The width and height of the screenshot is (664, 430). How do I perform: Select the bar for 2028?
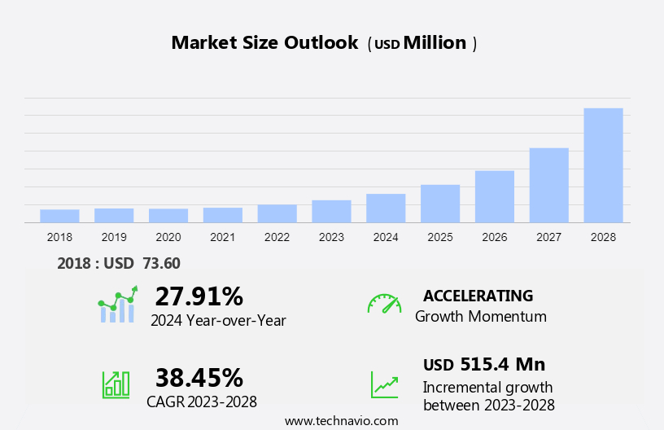[x=603, y=165]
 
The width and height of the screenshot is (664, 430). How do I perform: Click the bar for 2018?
[x=59, y=216]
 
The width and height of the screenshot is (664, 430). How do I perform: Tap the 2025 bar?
[x=440, y=204]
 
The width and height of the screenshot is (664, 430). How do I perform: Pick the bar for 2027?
[x=548, y=185]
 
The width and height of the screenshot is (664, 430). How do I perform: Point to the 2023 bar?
[x=331, y=211]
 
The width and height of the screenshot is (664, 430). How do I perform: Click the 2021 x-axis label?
[x=222, y=237]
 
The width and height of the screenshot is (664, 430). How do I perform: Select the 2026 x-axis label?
[x=494, y=237]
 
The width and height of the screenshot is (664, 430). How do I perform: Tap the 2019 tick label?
[x=114, y=237]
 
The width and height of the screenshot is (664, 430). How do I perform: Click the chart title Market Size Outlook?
[x=264, y=43]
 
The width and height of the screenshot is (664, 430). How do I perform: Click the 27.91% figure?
[x=199, y=296]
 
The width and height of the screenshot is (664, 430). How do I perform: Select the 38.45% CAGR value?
[x=199, y=377]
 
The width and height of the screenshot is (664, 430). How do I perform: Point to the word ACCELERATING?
[x=478, y=296]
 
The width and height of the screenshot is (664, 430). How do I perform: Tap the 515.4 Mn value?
[x=502, y=364]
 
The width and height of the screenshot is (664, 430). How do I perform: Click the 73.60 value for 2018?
[x=161, y=263]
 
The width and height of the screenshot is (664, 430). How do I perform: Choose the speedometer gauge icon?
[x=384, y=304]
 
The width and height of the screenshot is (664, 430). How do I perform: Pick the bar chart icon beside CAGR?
[x=116, y=384]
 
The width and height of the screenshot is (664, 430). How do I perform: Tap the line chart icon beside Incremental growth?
[x=384, y=384]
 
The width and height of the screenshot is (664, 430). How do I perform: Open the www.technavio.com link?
[x=341, y=421]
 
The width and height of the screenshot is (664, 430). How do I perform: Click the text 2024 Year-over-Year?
[x=218, y=320]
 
